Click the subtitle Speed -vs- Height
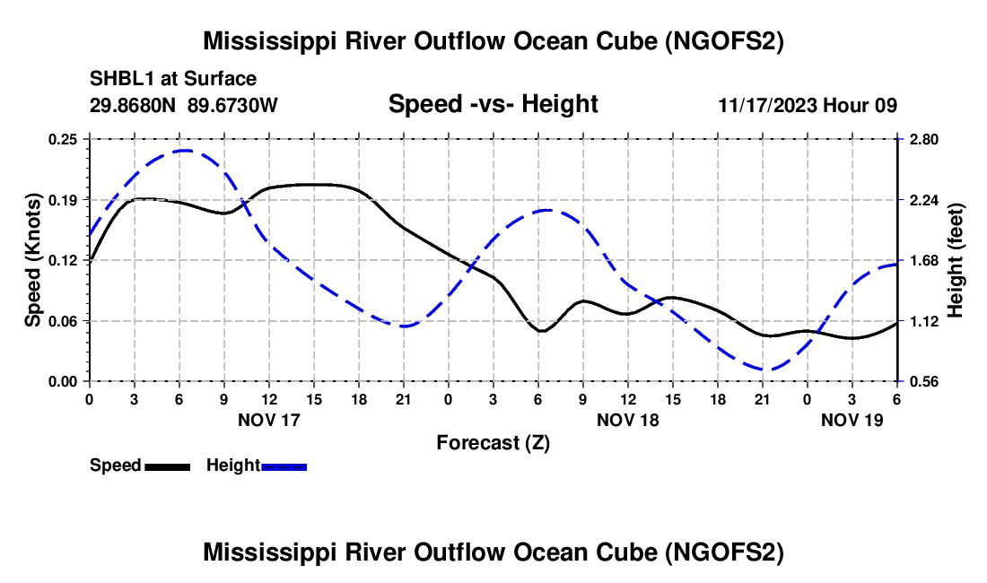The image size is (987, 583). pyautogui.click(x=493, y=105)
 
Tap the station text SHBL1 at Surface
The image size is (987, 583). pyautogui.click(x=173, y=80)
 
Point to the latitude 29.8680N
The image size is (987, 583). pyautogui.click(x=133, y=105)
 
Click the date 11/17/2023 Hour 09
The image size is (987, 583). pyautogui.click(x=808, y=105)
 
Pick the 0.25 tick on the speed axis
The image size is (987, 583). pyautogui.click(x=63, y=139)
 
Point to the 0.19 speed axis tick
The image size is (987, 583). pyautogui.click(x=63, y=199)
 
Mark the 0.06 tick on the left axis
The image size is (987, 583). pyautogui.click(x=63, y=321)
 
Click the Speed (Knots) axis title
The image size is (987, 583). pyautogui.click(x=33, y=260)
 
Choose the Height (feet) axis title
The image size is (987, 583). pyautogui.click(x=956, y=260)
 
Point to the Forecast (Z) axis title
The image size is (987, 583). pyautogui.click(x=493, y=442)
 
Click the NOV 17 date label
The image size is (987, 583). pyautogui.click(x=269, y=420)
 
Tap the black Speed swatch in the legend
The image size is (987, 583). pyautogui.click(x=167, y=466)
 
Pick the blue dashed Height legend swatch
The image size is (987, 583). pyautogui.click(x=284, y=466)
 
